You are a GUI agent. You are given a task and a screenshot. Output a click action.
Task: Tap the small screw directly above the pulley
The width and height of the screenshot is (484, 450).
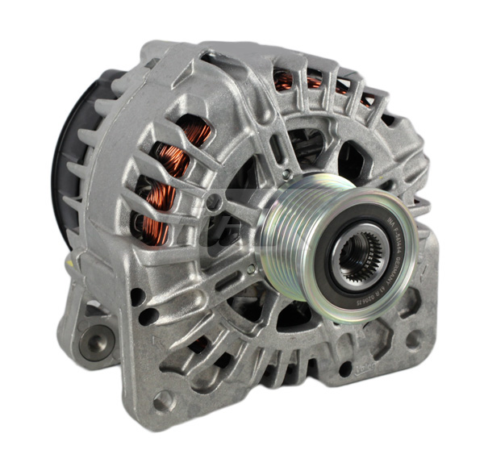pos(286,174)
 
